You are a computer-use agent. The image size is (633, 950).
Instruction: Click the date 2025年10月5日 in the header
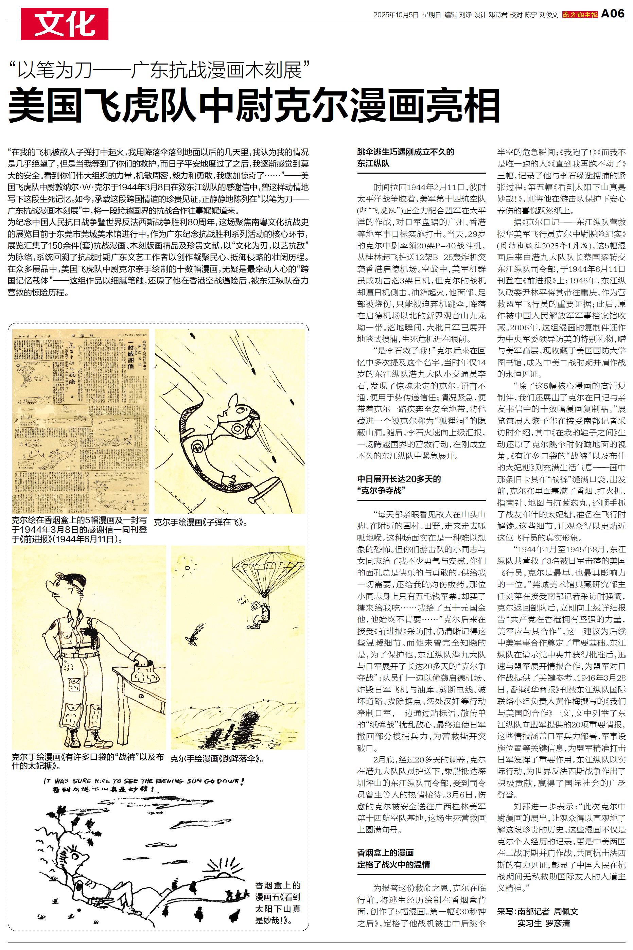tap(395, 15)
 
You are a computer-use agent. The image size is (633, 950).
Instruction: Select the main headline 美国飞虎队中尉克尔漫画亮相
tap(254, 106)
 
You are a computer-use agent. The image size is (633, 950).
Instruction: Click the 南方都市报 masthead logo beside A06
tap(580, 15)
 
